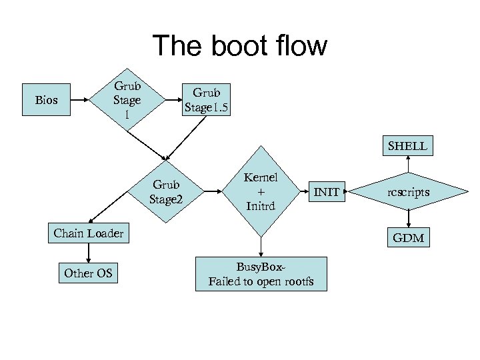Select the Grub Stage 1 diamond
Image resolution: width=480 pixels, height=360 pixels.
coord(127,101)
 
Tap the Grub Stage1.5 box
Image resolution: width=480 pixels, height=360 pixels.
coord(207,100)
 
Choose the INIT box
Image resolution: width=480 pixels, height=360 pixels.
coord(327,193)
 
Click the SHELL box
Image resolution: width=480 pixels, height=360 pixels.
coord(408,146)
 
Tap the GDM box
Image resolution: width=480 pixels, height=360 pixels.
coord(408,238)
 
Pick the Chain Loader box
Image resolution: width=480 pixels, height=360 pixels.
coord(89,233)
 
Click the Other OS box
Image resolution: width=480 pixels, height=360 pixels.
coord(88,273)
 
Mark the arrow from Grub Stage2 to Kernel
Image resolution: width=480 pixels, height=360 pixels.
coord(212,191)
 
